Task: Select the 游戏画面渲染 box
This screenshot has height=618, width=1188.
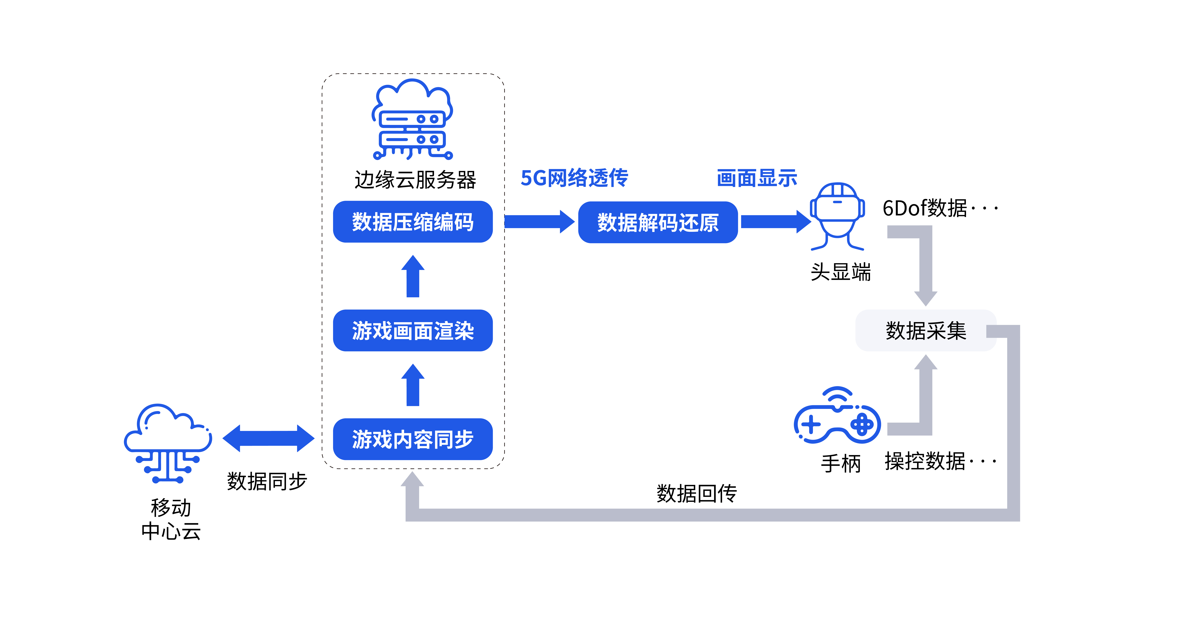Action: [x=413, y=330]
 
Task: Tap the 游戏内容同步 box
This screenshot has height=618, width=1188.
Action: [x=413, y=439]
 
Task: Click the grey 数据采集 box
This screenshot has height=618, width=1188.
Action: [x=926, y=330]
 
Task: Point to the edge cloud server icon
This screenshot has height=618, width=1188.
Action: [x=412, y=119]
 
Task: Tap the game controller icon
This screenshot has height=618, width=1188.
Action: [x=837, y=415]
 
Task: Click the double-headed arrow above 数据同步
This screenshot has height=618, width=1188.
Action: [x=268, y=438]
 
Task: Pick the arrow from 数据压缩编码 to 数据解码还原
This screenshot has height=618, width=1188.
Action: [x=540, y=222]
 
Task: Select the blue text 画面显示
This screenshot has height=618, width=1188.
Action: [x=757, y=178]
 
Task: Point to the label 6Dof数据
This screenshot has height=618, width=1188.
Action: [x=925, y=208]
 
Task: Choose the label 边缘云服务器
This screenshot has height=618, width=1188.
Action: [x=415, y=179]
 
